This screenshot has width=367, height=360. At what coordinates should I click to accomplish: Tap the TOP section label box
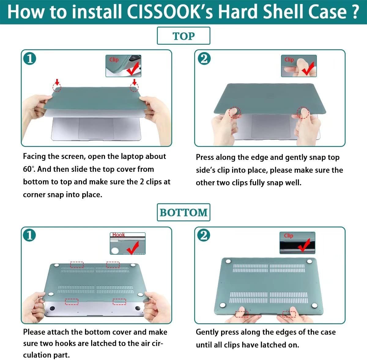click(183, 36)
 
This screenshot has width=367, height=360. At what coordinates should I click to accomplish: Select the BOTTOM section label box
click(183, 212)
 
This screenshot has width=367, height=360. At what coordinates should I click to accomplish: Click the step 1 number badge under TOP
click(30, 58)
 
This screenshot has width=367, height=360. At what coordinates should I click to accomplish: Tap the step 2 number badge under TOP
click(204, 58)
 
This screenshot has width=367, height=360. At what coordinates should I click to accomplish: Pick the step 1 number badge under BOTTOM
click(30, 235)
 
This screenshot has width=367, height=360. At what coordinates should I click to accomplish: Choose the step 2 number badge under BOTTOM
click(204, 235)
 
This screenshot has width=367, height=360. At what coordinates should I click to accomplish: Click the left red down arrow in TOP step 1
click(57, 82)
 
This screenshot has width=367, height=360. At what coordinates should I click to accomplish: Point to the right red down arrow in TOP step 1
click(135, 82)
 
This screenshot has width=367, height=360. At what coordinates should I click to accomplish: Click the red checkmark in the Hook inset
click(133, 248)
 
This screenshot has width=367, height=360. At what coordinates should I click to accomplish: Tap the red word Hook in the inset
click(118, 235)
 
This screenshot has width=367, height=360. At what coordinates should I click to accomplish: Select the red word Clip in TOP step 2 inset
click(289, 60)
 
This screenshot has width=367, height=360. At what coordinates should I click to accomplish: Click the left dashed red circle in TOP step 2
click(235, 113)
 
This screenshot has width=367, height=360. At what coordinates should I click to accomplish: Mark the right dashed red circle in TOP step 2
click(303, 113)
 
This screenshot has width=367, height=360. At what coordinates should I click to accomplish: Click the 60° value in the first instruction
click(29, 169)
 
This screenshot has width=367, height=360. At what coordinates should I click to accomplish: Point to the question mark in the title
click(355, 12)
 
